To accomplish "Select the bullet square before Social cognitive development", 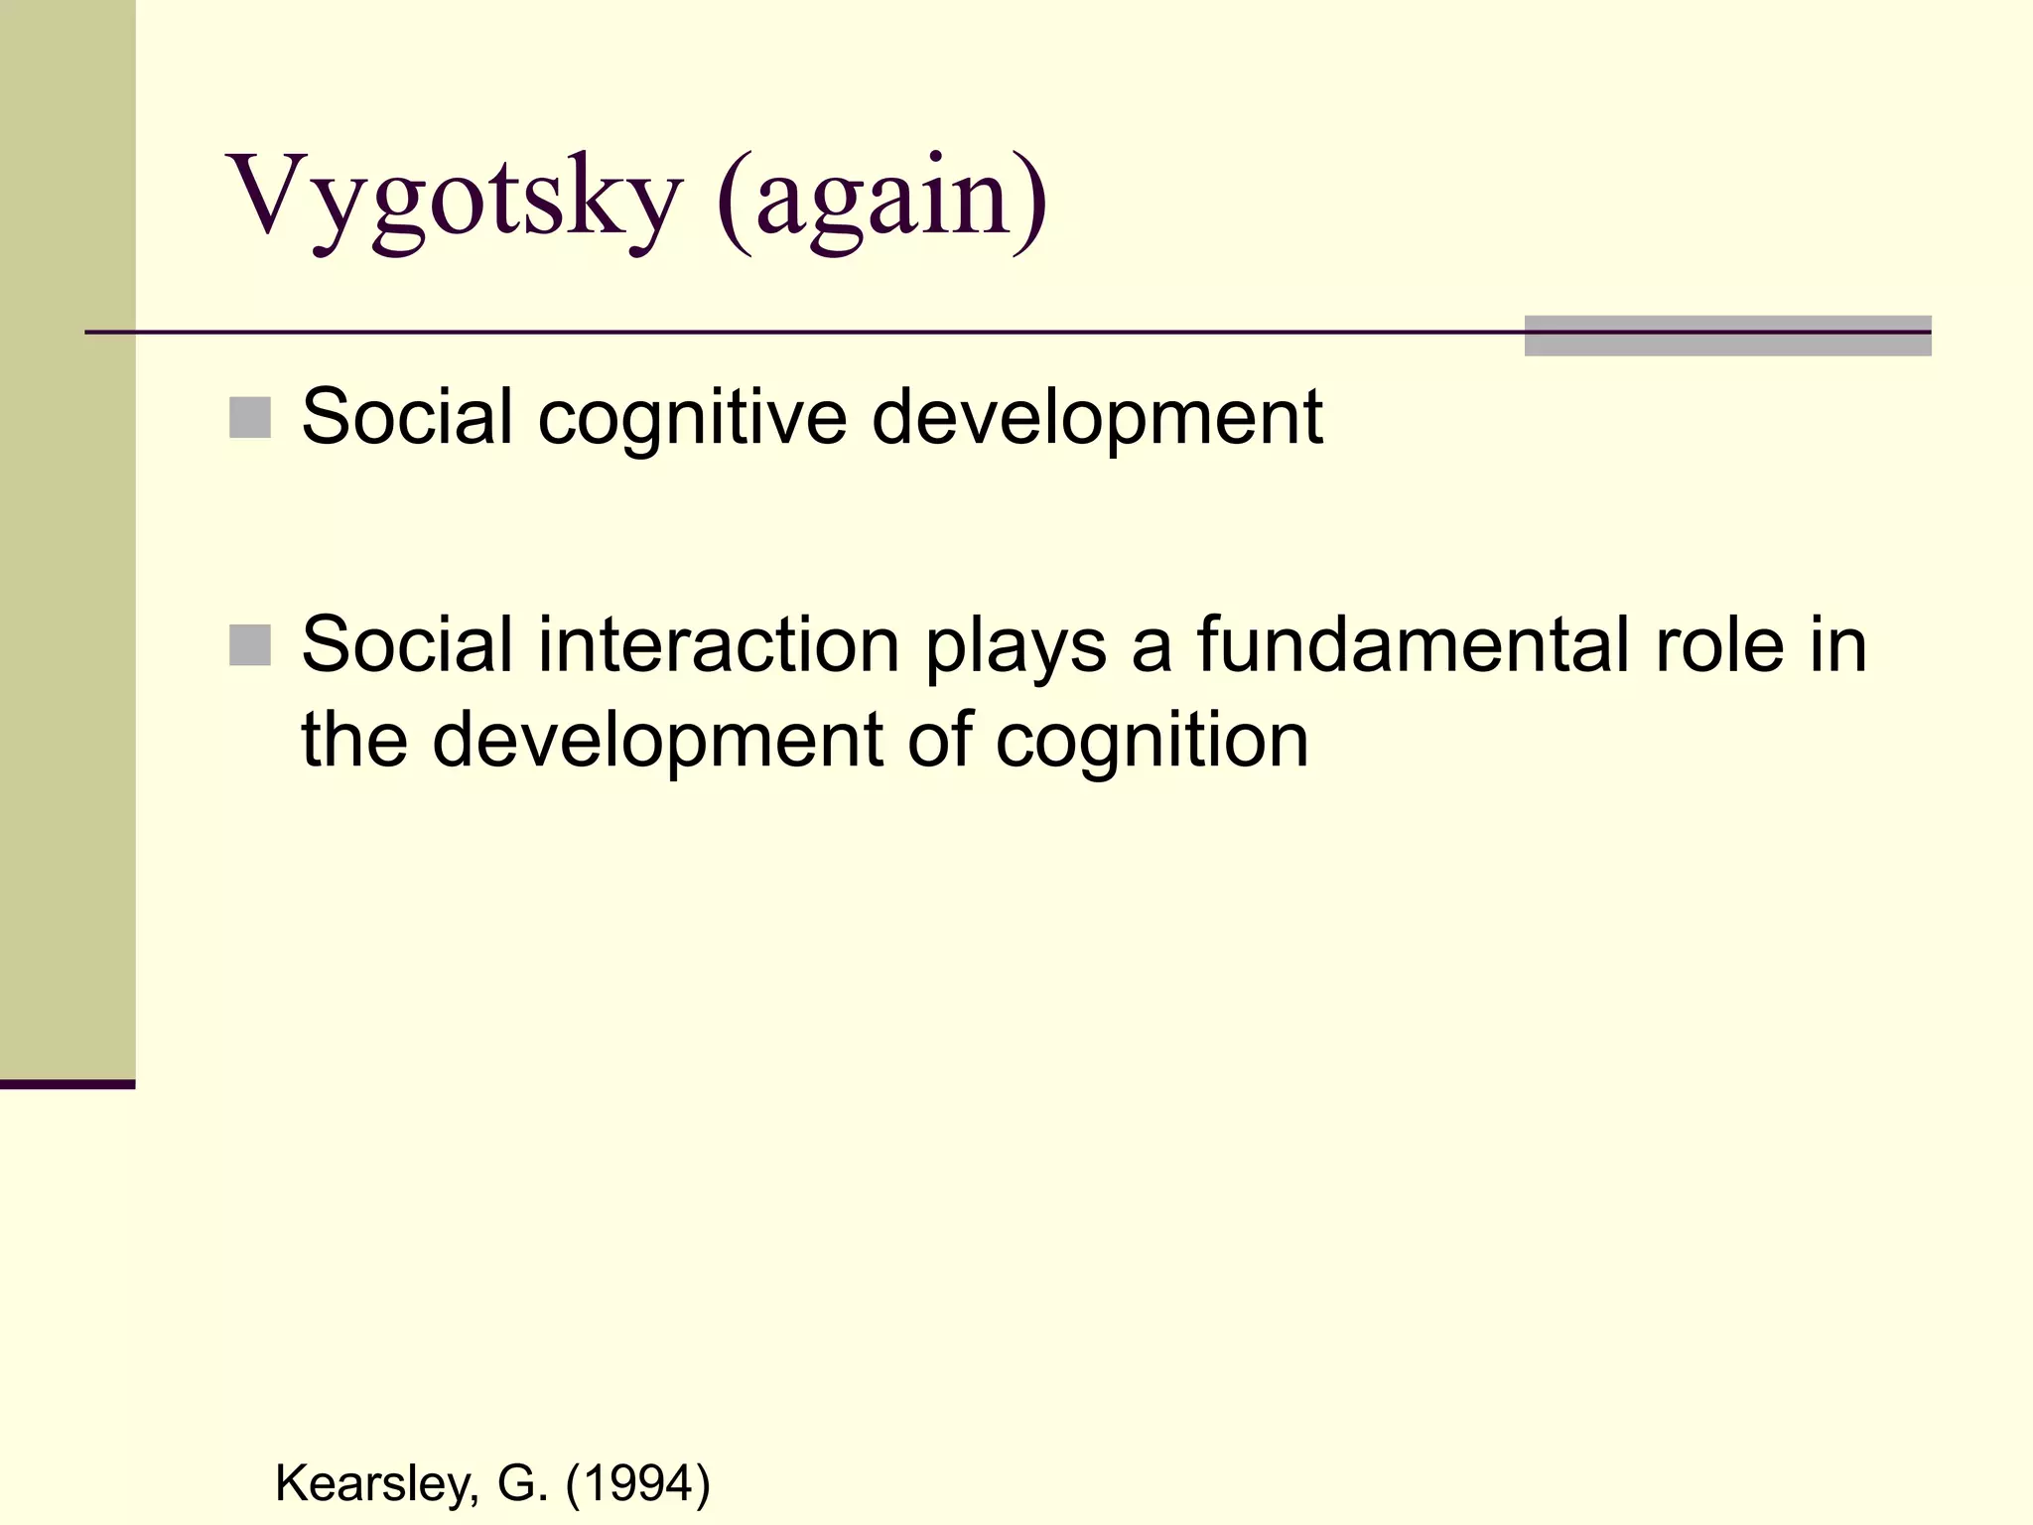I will click(250, 418).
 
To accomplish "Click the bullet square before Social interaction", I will click(250, 645).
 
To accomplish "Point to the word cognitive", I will click(692, 419).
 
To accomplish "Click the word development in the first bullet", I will click(1097, 419).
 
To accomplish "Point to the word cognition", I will click(1152, 741).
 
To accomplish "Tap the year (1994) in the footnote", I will click(637, 1484).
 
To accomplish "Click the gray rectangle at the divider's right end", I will click(1727, 336).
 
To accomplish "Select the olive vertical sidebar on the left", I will click(68, 536).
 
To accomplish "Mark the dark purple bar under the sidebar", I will click(68, 1084).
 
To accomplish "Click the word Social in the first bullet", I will click(407, 417).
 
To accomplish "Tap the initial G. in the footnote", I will click(523, 1484).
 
